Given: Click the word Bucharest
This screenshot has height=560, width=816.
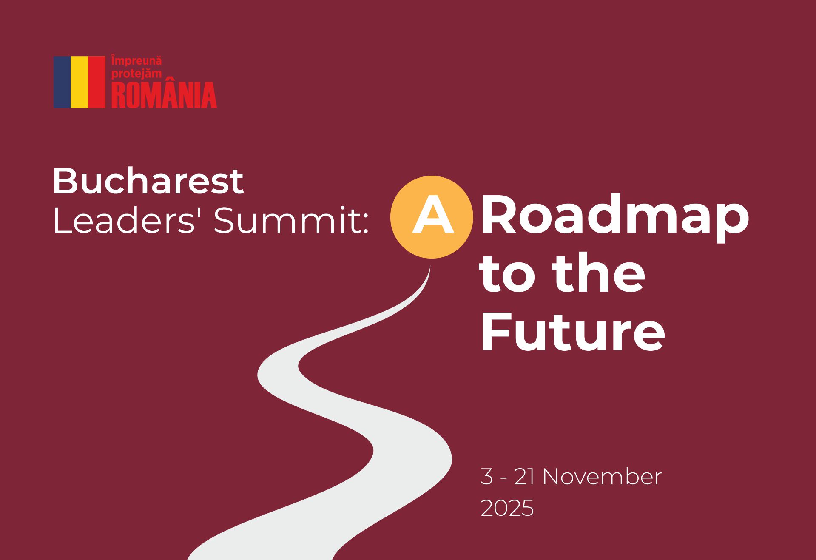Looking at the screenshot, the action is (x=148, y=181).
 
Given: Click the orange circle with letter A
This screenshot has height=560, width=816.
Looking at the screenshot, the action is (x=432, y=217).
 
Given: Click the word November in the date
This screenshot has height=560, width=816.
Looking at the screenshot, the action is (x=602, y=477).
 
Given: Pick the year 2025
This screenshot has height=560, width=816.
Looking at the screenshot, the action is (x=507, y=508).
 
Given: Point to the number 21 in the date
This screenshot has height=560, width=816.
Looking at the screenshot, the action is (x=524, y=477).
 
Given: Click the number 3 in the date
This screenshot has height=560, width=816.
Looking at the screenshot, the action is (x=486, y=477).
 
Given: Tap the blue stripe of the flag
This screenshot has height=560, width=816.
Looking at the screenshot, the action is (x=62, y=82).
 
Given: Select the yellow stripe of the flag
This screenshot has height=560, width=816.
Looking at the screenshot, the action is (x=80, y=82).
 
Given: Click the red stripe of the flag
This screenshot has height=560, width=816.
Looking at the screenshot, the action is (x=97, y=82).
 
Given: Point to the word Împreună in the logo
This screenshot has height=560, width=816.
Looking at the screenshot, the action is (x=136, y=61).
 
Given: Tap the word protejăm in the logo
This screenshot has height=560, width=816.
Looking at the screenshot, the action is (x=136, y=74).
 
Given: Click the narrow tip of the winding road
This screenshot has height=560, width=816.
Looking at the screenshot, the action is (x=430, y=267).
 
